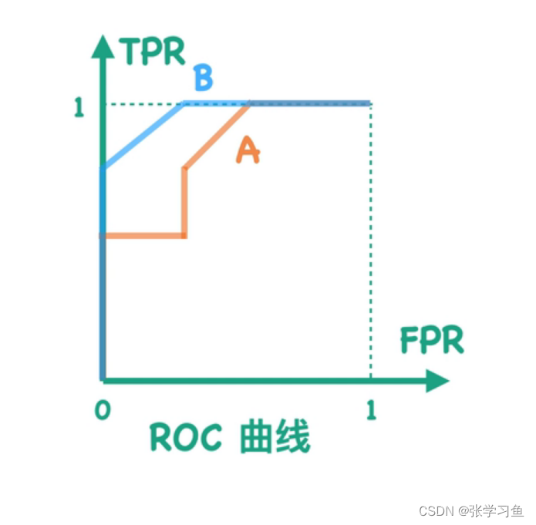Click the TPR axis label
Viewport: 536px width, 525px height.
[x=153, y=52]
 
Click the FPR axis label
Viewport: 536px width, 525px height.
[x=431, y=340]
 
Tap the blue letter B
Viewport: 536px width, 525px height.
[x=203, y=78]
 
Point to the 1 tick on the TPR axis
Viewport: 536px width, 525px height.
[x=79, y=107]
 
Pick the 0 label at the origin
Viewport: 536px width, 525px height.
[x=101, y=409]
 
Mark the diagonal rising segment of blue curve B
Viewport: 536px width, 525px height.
[x=144, y=136]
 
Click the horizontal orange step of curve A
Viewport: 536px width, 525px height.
[x=144, y=235]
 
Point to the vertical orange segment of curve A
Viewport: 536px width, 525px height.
[x=184, y=201]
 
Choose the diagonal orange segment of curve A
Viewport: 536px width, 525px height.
[x=217, y=136]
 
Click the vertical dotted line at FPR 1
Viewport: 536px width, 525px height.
[x=371, y=247]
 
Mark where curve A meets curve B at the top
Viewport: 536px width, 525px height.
[x=249, y=103]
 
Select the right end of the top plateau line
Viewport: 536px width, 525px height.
[x=369, y=103]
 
